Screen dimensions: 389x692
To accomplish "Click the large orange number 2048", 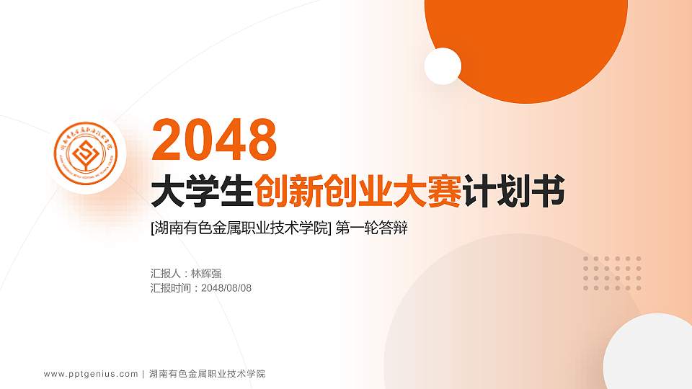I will [215, 139].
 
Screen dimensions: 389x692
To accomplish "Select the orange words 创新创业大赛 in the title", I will [359, 192].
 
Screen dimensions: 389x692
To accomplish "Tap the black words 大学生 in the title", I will [202, 192].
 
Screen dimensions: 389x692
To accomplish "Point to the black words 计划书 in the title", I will [514, 192].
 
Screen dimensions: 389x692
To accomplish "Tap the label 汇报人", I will [166, 274].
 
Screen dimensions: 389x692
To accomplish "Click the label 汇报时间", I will [171, 288].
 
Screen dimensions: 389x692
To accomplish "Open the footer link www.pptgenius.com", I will [91, 374].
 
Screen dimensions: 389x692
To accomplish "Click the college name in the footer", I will [208, 374].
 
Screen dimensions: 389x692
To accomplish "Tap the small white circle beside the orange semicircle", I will [443, 66].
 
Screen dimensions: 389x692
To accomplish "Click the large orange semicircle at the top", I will [525, 43].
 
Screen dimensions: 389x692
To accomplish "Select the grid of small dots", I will [612, 273].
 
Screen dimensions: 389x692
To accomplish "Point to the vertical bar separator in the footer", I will [144, 374].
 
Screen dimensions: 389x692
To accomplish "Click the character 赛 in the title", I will [445, 192].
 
